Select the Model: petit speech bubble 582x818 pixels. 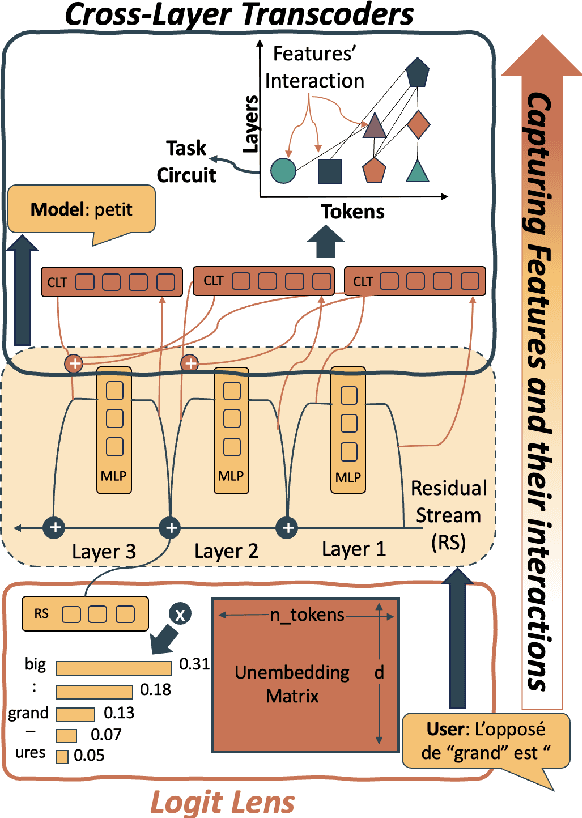[83, 212]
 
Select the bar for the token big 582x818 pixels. [114, 666]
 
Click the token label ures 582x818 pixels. [27, 757]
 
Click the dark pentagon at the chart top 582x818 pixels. [417, 72]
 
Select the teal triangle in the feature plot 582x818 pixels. [418, 171]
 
